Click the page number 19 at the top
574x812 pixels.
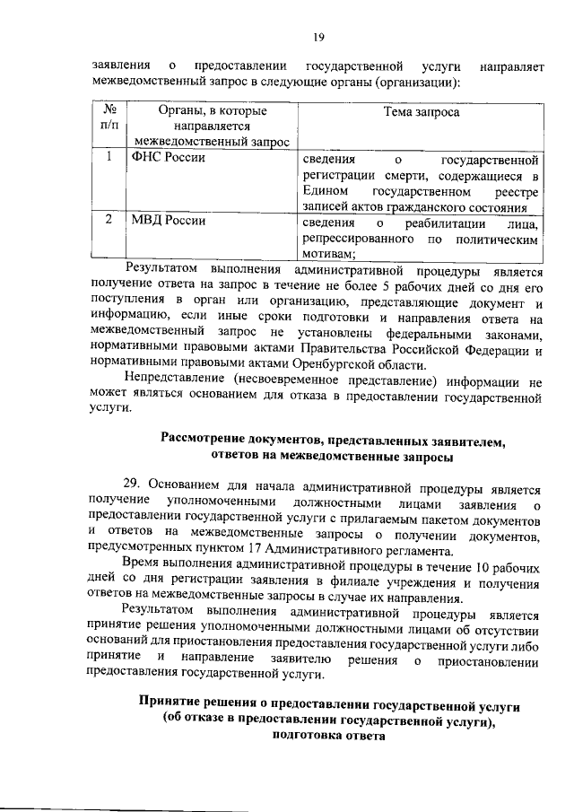(318, 37)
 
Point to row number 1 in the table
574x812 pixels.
(109, 158)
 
